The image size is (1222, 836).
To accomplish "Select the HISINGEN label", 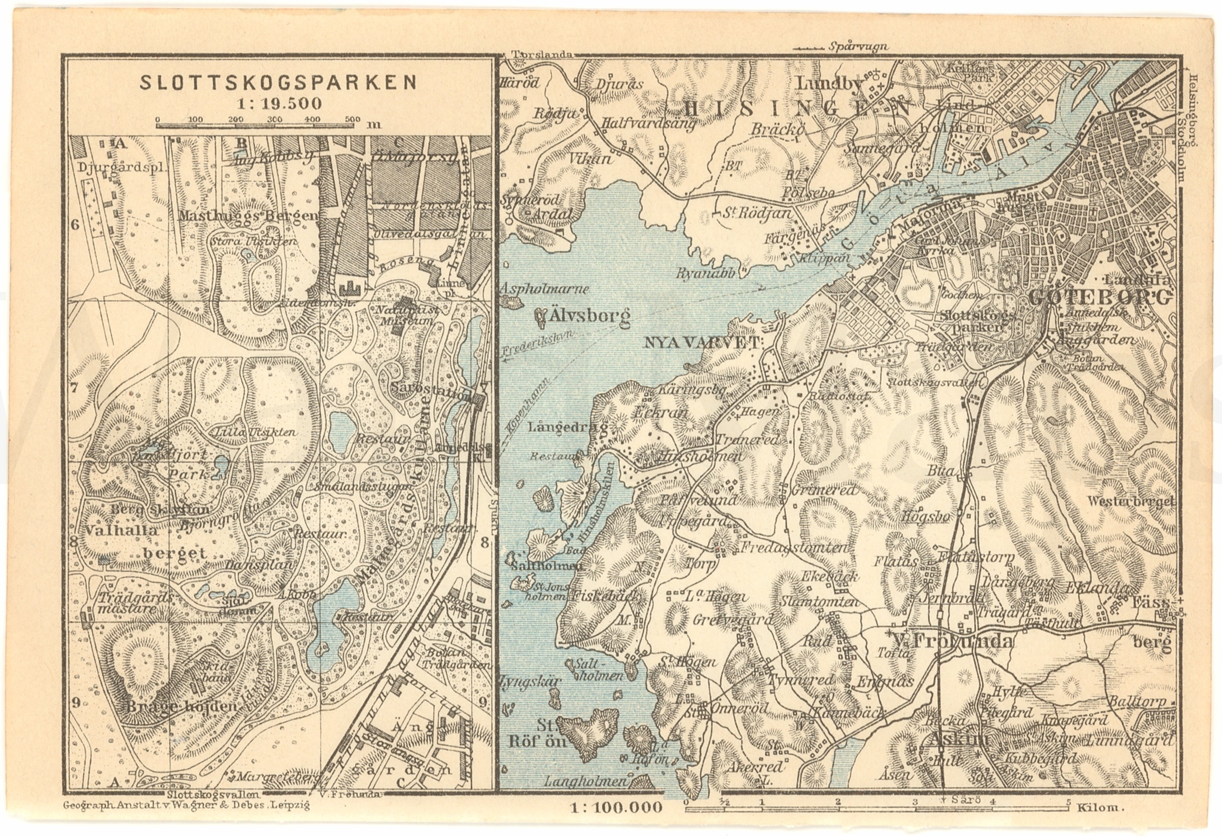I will (x=797, y=108).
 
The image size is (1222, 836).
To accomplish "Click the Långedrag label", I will (x=567, y=427).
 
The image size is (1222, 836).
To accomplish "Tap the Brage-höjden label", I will (x=181, y=706).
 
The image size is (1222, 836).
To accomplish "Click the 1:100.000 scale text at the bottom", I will (x=616, y=807).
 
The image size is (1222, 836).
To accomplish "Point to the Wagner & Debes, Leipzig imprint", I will (x=186, y=805).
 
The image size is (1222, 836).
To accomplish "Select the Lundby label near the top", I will (x=830, y=84).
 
